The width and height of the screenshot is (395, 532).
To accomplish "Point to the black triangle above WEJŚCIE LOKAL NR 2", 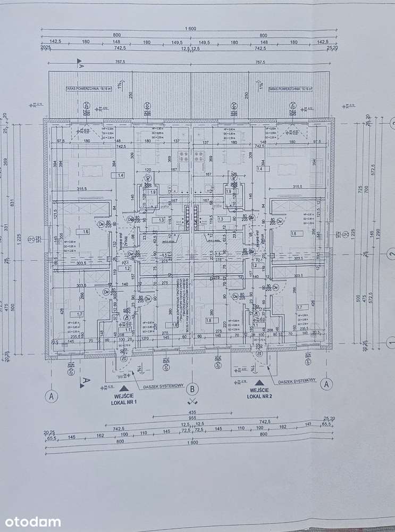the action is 259,382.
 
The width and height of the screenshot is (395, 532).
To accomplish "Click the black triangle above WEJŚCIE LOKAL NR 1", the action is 123,389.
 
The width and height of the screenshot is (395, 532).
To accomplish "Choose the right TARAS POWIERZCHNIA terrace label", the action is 290,89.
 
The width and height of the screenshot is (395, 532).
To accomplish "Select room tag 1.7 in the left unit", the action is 72,314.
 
